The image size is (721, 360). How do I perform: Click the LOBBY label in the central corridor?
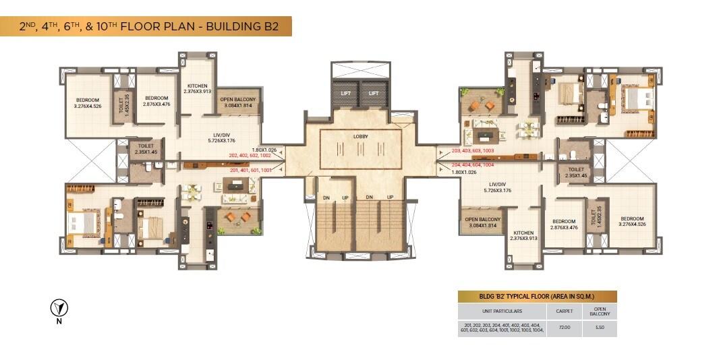tap(360, 136)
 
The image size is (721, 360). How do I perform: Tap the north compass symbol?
tap(59, 309)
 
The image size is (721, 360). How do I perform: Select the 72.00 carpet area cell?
tap(564, 328)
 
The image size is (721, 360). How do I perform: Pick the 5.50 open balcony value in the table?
tap(599, 328)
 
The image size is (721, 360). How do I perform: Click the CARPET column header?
tap(564, 311)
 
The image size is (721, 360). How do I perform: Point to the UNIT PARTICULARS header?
tap(502, 311)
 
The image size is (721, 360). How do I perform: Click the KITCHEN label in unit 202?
tap(198, 88)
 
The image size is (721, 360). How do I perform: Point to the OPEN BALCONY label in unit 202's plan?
tap(238, 102)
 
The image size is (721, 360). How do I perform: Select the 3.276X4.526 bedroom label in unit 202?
tap(88, 102)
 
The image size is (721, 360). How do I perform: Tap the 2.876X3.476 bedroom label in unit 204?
tap(564, 224)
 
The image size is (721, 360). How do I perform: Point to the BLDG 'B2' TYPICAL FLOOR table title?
tap(537, 296)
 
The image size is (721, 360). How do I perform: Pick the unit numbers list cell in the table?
tap(502, 328)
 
